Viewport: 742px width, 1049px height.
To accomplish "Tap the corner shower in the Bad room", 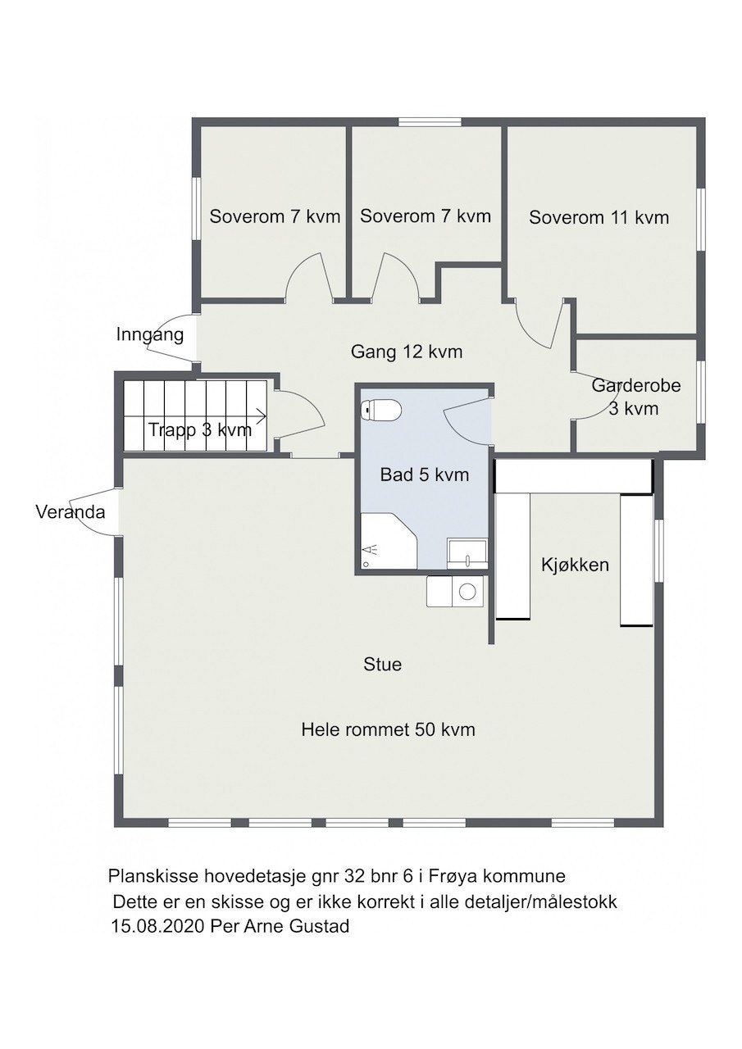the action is coord(389,540).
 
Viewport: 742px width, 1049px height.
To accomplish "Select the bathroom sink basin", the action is coord(467,553).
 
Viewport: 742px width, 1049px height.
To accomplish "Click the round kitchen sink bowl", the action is coord(467,592).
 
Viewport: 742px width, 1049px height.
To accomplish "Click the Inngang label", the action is coord(150,335).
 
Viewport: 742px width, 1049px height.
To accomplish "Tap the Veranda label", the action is coord(71,512).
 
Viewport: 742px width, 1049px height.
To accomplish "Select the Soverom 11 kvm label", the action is coord(599,218).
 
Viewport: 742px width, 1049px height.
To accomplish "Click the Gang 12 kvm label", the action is coord(407,352).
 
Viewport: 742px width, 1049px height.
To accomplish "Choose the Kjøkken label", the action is coord(575,565).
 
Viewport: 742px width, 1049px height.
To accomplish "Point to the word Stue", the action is coord(383,664).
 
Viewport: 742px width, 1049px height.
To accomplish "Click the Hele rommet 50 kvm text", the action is coord(388,729).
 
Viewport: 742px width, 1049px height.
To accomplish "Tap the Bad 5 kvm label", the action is coord(425,475).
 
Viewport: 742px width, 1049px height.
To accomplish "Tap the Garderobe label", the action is coord(635,386).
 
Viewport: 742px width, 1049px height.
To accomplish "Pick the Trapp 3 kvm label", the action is coord(200,429).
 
